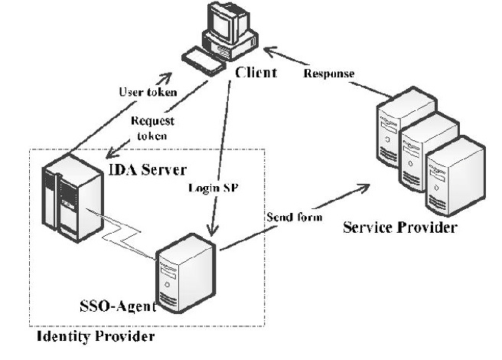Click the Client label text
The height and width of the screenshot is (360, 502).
point(256,73)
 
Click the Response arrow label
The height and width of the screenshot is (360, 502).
point(329,74)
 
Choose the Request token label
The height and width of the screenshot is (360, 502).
point(152,126)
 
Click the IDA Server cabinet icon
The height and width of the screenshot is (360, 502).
point(64,196)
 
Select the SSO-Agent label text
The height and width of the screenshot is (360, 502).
point(118,306)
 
